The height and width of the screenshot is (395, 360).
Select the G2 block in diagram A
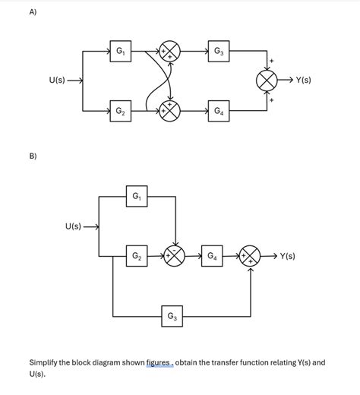[x=119, y=112]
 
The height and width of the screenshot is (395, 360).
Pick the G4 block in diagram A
[x=218, y=112]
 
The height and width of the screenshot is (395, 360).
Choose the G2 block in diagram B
[x=137, y=256]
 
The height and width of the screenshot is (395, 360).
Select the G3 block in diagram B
[x=172, y=315]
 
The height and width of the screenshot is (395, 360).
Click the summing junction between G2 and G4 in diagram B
[x=175, y=256]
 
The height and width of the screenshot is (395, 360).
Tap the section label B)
[x=33, y=156]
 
